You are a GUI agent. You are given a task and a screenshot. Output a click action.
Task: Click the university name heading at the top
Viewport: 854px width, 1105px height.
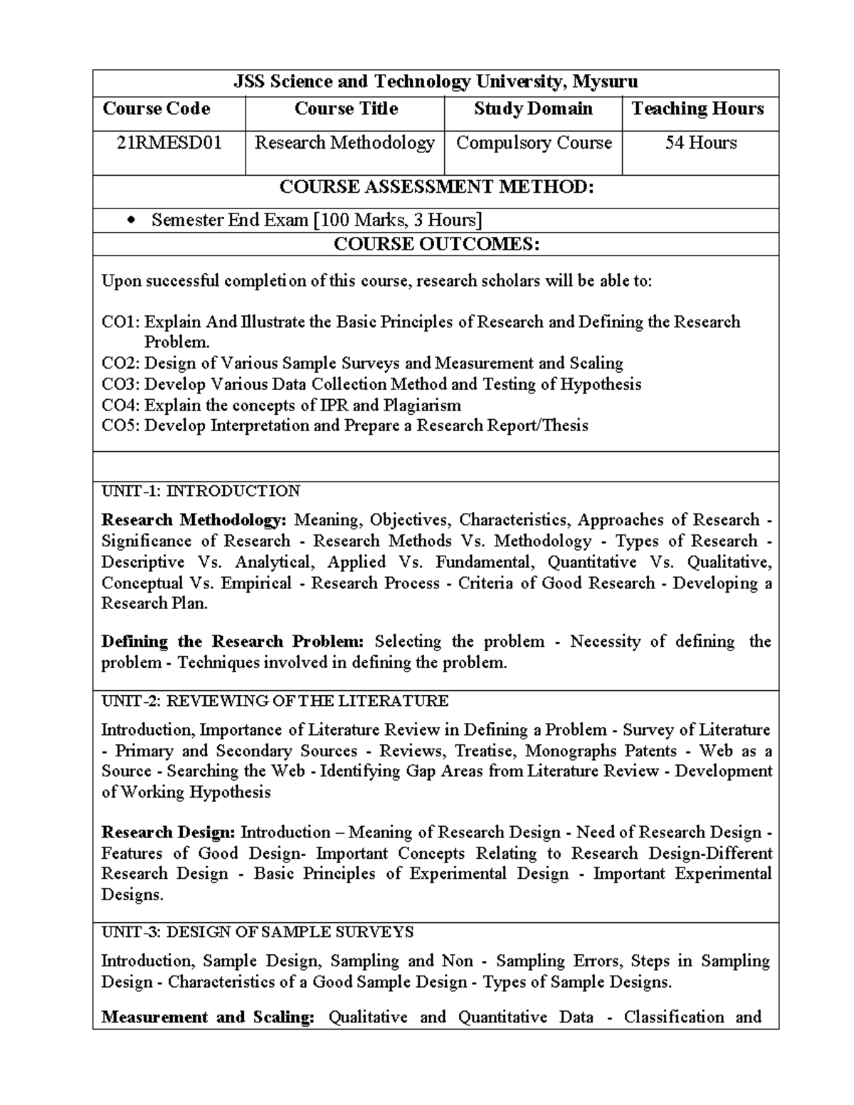(436, 82)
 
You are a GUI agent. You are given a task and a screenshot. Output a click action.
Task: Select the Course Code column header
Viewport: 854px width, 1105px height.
(157, 109)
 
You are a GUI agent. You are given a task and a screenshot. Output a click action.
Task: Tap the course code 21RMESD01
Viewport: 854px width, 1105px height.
(169, 143)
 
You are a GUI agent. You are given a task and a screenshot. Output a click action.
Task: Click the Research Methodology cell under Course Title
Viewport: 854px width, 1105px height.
(344, 143)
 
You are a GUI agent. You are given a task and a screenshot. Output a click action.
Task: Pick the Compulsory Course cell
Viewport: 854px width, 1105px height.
(534, 143)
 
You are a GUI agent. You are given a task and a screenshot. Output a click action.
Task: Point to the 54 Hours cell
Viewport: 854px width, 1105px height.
(700, 143)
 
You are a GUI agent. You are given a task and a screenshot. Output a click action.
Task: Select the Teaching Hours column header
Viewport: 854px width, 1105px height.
(697, 109)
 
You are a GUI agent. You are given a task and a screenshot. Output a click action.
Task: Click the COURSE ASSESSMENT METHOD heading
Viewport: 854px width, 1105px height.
(436, 187)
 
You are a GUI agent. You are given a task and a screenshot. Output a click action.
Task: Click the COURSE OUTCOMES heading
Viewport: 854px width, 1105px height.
(436, 245)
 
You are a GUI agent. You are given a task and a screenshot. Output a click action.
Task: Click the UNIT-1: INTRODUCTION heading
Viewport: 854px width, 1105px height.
(200, 492)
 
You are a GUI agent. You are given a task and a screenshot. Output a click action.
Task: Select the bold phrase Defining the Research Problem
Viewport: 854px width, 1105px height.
(232, 642)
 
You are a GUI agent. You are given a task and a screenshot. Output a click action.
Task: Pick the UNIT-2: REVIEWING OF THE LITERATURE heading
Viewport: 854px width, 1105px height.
(275, 702)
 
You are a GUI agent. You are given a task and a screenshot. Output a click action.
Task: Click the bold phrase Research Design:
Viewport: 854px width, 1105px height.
(168, 832)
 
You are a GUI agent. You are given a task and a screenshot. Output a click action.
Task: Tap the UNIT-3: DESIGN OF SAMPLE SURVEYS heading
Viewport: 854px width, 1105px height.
(257, 932)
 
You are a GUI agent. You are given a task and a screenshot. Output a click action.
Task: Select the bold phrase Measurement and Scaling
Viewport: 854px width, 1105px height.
(207, 1017)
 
